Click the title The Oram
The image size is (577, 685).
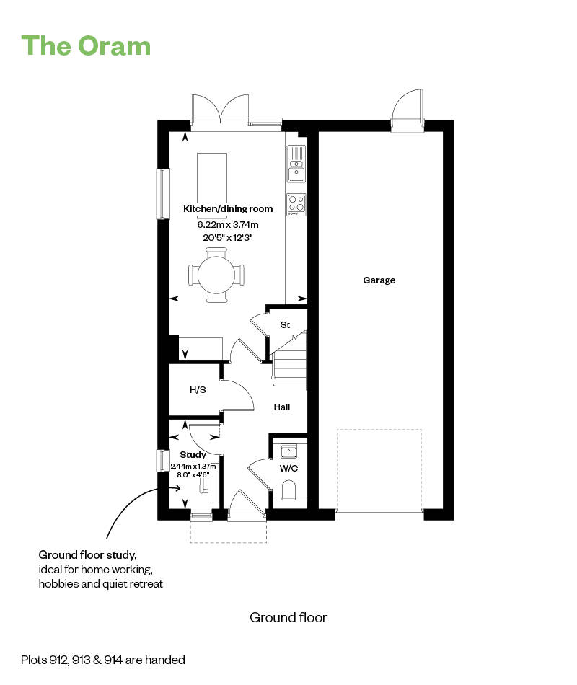click(x=87, y=45)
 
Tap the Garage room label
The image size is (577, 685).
click(x=379, y=280)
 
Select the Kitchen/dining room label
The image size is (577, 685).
click(x=228, y=209)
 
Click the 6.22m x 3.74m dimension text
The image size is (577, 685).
click(x=228, y=225)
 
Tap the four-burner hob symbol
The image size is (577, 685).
click(x=296, y=204)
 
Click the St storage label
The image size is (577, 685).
click(x=285, y=325)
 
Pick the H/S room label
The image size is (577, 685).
click(x=198, y=390)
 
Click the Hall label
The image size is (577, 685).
click(x=282, y=407)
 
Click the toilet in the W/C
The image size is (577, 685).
click(x=289, y=492)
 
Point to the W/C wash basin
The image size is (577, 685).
click(x=289, y=451)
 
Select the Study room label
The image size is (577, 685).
click(x=193, y=455)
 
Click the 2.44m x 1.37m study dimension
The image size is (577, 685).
click(x=193, y=466)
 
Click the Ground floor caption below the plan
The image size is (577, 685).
click(x=288, y=617)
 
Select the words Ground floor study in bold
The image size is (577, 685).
click(x=87, y=555)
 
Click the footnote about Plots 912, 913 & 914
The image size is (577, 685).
click(x=103, y=659)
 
